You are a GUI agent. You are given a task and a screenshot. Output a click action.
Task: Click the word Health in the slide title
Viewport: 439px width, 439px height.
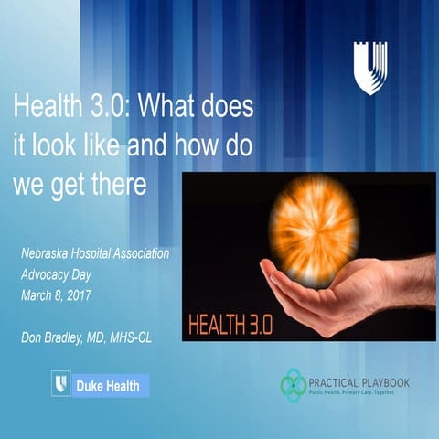42,108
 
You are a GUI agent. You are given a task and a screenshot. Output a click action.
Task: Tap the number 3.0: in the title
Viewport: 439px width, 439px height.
100,108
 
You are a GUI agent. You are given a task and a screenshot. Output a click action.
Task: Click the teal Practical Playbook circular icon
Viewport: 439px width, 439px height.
294,385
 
